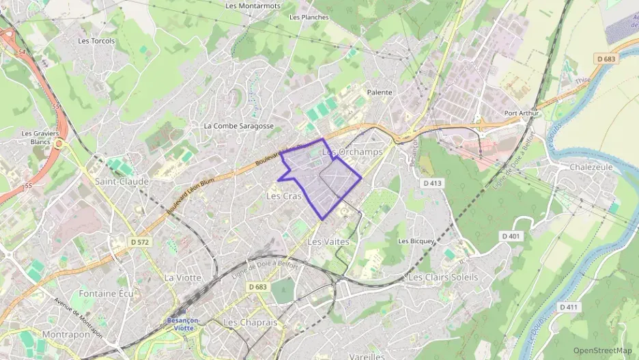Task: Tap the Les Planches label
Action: (x=309, y=17)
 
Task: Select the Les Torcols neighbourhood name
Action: (x=96, y=41)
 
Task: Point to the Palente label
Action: (x=380, y=92)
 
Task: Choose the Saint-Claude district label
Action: (x=122, y=182)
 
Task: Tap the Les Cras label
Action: (x=283, y=196)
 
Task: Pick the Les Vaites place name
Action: (x=328, y=242)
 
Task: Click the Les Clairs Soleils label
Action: (x=442, y=277)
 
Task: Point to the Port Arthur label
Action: (x=521, y=113)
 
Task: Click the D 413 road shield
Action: (x=433, y=183)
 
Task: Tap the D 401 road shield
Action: (x=511, y=236)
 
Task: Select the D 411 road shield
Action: (x=568, y=307)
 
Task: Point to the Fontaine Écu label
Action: (x=105, y=294)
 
